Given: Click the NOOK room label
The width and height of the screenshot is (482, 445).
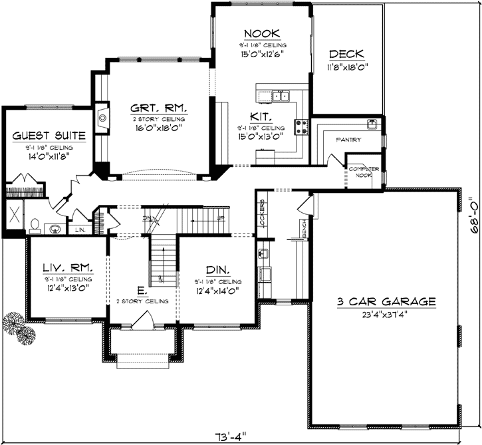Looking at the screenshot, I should pos(261,33).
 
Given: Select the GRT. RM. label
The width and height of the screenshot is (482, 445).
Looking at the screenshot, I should pos(158,108).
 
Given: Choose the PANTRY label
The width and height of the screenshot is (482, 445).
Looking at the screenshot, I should pos(348,140).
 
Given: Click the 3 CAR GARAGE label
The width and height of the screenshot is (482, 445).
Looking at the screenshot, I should pos(386,301).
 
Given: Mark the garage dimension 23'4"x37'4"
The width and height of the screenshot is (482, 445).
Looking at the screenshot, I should pos(386,314).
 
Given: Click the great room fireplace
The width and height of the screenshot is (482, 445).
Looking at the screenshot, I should pos(101,119).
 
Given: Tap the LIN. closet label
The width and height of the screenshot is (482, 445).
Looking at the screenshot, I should pos(80,229).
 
